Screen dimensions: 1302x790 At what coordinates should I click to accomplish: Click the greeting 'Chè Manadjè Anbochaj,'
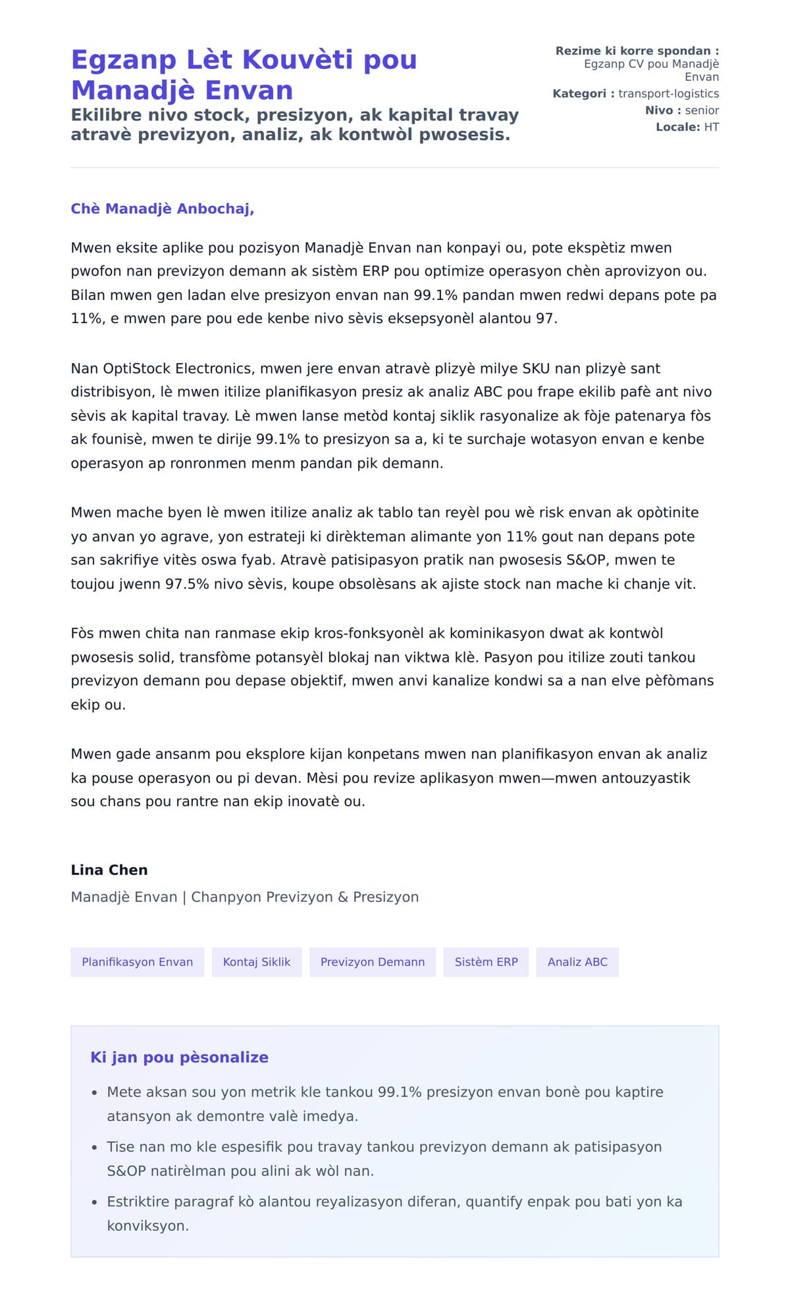coord(162,209)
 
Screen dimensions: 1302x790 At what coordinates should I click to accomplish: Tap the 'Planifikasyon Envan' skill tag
coord(137,962)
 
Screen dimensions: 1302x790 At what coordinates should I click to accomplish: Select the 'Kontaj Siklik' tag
coord(256,962)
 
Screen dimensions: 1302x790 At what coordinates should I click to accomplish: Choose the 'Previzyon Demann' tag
coord(372,962)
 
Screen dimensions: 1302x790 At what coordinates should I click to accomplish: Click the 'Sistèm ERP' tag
coord(486,962)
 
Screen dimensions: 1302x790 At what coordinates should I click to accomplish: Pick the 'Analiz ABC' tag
coord(577,962)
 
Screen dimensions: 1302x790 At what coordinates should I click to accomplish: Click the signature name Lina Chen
coord(109,870)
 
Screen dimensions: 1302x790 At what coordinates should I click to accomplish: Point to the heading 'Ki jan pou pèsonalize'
coord(179,1057)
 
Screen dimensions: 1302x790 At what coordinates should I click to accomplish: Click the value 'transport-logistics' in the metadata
coord(668,93)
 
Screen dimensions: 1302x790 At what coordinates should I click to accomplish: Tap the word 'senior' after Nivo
coord(702,111)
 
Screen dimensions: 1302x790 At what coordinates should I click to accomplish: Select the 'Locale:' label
coord(677,127)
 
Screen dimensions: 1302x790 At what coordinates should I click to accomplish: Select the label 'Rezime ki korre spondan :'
coord(637,51)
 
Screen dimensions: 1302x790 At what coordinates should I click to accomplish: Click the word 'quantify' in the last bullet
coord(497,1201)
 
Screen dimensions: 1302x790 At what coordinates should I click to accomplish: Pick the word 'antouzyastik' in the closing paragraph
coord(648,778)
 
